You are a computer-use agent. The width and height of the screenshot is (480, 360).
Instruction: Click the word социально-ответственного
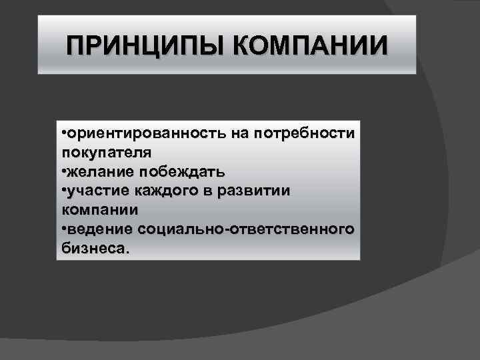click(x=247, y=229)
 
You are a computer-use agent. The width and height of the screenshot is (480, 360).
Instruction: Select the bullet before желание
click(x=63, y=171)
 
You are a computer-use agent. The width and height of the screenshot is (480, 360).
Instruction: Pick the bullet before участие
click(x=63, y=191)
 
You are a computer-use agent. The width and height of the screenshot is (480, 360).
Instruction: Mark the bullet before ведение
click(x=63, y=229)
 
